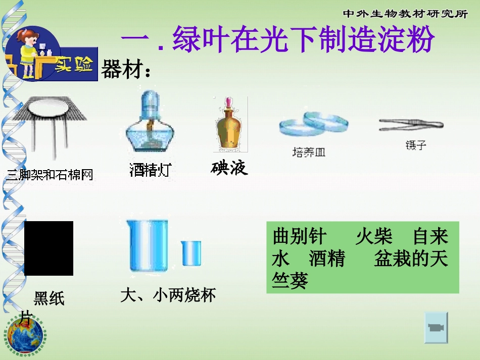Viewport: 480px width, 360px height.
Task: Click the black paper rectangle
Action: click(x=49, y=248)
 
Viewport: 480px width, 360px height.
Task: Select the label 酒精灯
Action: click(x=150, y=170)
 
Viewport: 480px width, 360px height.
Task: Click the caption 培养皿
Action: click(x=309, y=152)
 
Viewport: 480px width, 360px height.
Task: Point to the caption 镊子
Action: click(x=415, y=145)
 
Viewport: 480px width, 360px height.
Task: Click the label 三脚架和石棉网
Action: click(x=50, y=175)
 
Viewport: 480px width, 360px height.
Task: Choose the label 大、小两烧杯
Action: click(x=168, y=295)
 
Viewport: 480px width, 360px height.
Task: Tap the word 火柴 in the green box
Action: click(x=374, y=237)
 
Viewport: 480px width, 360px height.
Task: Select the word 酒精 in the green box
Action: click(x=326, y=259)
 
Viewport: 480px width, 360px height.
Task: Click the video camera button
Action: click(x=436, y=327)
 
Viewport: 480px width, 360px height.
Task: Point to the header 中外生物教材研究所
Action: click(x=405, y=14)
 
